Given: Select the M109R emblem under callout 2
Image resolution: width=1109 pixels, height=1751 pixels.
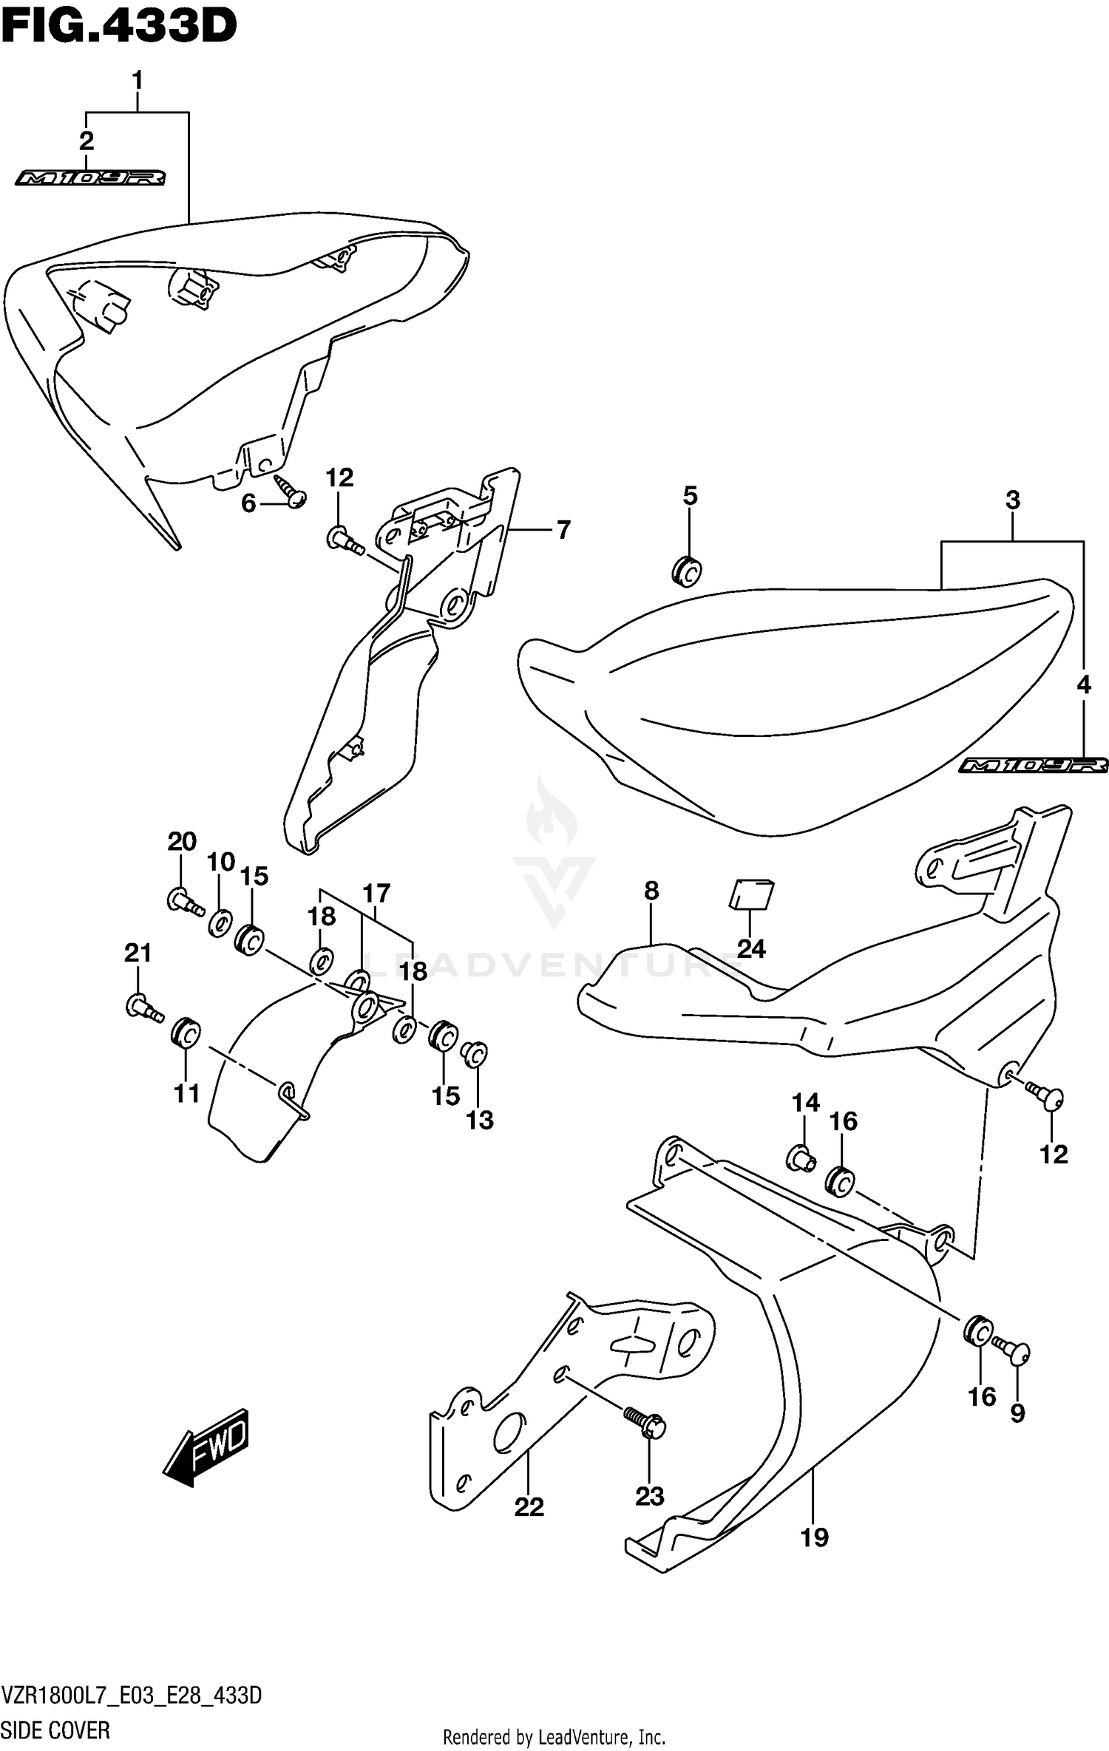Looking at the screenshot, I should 90,178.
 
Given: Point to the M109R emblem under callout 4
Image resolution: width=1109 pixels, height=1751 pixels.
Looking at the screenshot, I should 1034,766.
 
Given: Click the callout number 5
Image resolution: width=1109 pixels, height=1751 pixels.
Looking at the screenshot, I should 690,496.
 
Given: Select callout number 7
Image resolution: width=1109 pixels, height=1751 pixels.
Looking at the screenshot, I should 563,530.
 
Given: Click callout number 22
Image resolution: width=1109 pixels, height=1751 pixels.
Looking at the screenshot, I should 529,1506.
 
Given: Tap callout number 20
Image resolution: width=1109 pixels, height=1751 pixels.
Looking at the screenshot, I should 182,841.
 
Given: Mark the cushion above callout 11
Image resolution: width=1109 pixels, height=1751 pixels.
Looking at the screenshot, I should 185,1033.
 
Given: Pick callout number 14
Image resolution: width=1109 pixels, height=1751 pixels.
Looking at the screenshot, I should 805,1103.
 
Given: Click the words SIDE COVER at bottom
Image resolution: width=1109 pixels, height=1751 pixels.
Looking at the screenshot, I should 55,1730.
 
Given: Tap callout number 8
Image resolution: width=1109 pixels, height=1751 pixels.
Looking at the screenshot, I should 651,891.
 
